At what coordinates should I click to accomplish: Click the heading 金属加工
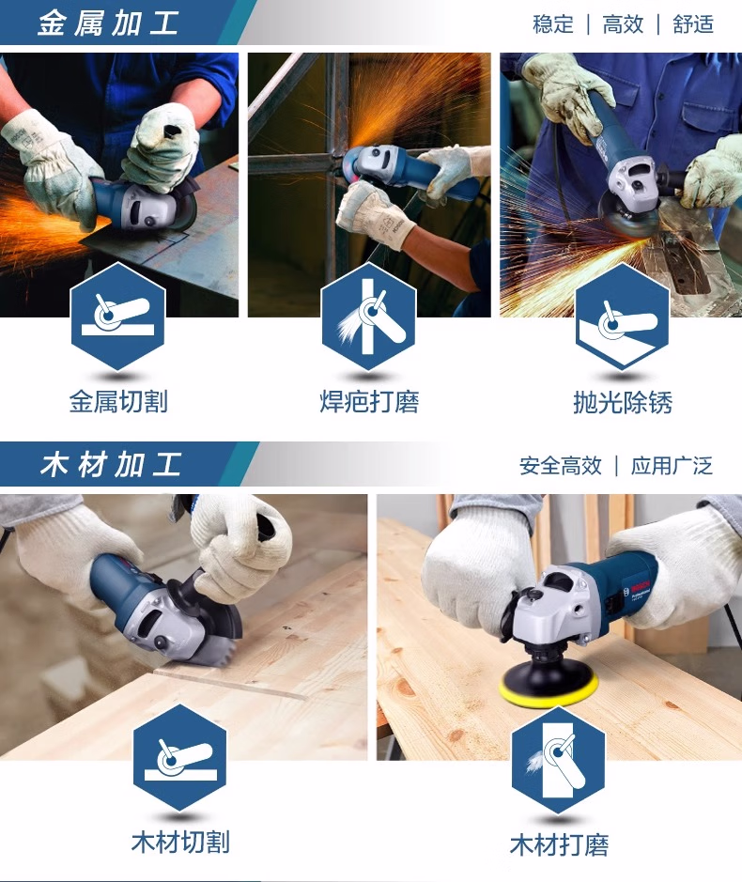coord(108,24)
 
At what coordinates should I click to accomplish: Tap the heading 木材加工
coord(110,465)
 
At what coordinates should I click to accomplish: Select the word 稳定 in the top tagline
coord(553,24)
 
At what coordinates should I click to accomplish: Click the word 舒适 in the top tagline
coord(693,24)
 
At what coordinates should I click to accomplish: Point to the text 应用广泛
coord(672,466)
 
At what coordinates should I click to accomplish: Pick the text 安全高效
coord(561,466)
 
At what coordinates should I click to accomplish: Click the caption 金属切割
coord(118,402)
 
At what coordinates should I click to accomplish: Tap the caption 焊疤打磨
coord(369,402)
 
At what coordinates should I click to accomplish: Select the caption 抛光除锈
coord(623,403)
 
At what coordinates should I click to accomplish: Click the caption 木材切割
coord(180,842)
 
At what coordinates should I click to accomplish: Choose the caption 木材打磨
coord(559,844)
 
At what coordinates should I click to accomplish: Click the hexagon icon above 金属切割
coord(118,317)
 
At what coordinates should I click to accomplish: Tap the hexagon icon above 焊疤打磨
coord(368,317)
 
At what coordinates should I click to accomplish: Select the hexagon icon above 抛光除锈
coord(622,317)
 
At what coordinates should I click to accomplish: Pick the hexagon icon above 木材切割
coord(180,758)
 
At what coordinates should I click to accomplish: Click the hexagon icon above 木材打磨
coord(558,761)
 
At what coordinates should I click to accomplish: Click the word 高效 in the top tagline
coord(623,24)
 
